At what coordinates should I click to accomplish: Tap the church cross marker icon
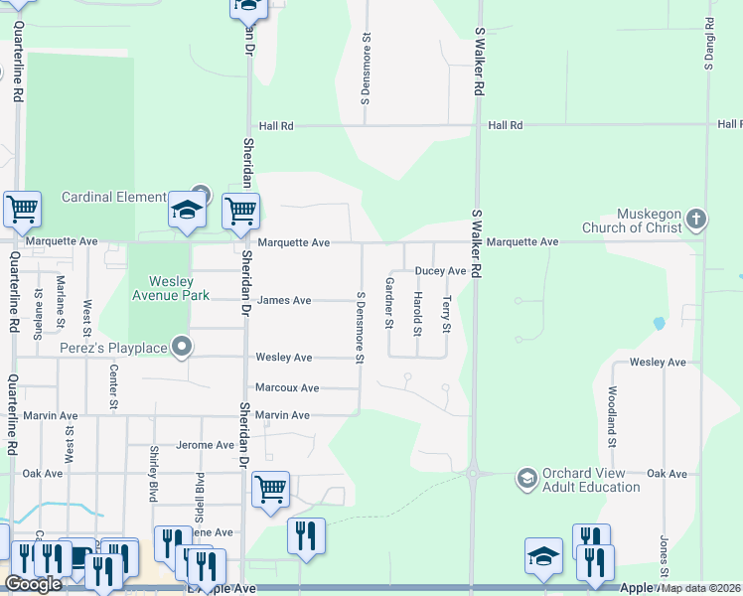click(x=697, y=218)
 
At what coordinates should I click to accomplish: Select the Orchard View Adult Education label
click(x=591, y=480)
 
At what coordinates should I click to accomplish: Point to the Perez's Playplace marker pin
click(x=181, y=347)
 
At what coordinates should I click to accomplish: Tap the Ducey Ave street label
click(x=440, y=271)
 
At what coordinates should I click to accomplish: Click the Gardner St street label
click(x=390, y=304)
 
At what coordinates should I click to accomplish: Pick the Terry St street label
click(x=447, y=314)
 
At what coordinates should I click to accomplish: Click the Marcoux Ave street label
click(x=287, y=388)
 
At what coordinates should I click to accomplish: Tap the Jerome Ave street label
click(x=205, y=446)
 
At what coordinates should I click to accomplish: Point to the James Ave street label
click(x=284, y=301)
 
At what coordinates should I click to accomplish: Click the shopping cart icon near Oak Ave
click(x=270, y=489)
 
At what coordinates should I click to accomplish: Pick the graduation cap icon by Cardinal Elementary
click(x=187, y=210)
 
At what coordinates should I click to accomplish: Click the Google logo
click(x=33, y=584)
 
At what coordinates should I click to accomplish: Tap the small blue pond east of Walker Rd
click(x=659, y=323)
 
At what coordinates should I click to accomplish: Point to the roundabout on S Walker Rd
click(x=476, y=474)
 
